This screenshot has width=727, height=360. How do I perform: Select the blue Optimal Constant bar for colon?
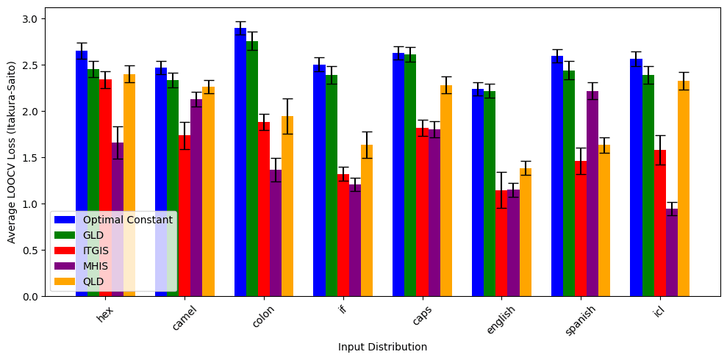[240, 162]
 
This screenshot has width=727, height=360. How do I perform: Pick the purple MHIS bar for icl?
[671, 253]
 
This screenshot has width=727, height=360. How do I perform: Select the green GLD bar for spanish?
[569, 184]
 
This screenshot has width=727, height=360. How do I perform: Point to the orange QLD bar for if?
[367, 220]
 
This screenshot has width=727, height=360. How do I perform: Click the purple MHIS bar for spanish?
[592, 194]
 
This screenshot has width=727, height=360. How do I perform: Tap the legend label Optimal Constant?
[127, 220]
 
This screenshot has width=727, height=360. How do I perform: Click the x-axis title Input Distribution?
[382, 347]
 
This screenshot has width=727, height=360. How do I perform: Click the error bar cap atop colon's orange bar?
[287, 98]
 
